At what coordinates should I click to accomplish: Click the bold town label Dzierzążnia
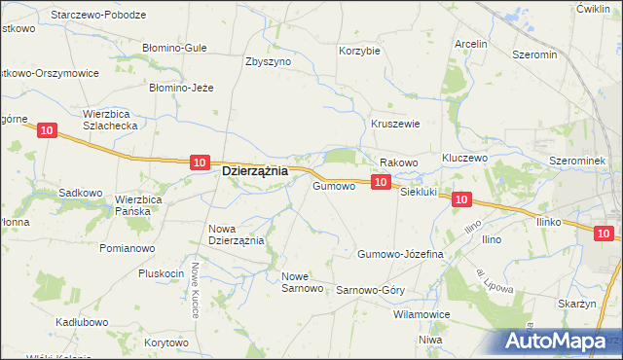pos(255,170)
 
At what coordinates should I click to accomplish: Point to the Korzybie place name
pos(358,50)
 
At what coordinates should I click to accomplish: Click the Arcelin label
pos(470,45)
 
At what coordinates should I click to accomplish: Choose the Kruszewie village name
pos(394,124)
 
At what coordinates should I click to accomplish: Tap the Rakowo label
pos(398,162)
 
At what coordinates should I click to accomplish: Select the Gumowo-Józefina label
pos(400,254)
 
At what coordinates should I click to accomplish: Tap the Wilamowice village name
pos(421,314)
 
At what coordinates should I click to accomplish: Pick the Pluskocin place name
pos(162,273)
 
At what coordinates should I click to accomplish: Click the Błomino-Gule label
pos(174,47)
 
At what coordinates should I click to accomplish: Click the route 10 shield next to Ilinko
pos(604,234)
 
